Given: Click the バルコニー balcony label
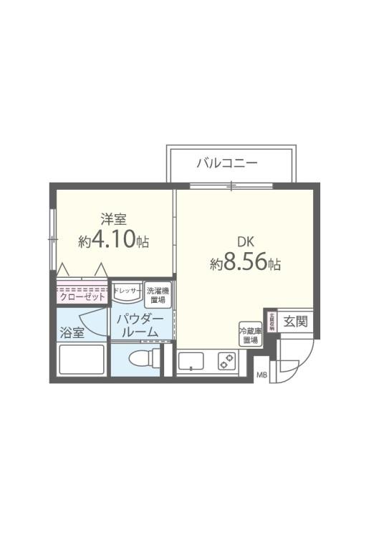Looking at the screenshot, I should pos(227,163).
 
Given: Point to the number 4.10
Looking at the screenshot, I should pos(118,240).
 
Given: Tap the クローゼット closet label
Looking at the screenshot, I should pos(82,296).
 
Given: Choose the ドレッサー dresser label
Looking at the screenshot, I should pos(128,290).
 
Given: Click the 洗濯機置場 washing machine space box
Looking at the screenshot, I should pos(157,294).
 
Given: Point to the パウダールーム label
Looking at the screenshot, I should pos(140,326).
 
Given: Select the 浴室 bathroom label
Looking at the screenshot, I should pos(72,333).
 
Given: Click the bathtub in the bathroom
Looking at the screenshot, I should pos(81,360).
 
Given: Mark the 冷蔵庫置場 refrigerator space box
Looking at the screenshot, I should pos(249,334).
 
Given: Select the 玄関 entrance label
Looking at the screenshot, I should pos(294,321).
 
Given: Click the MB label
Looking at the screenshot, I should pos(262,375).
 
